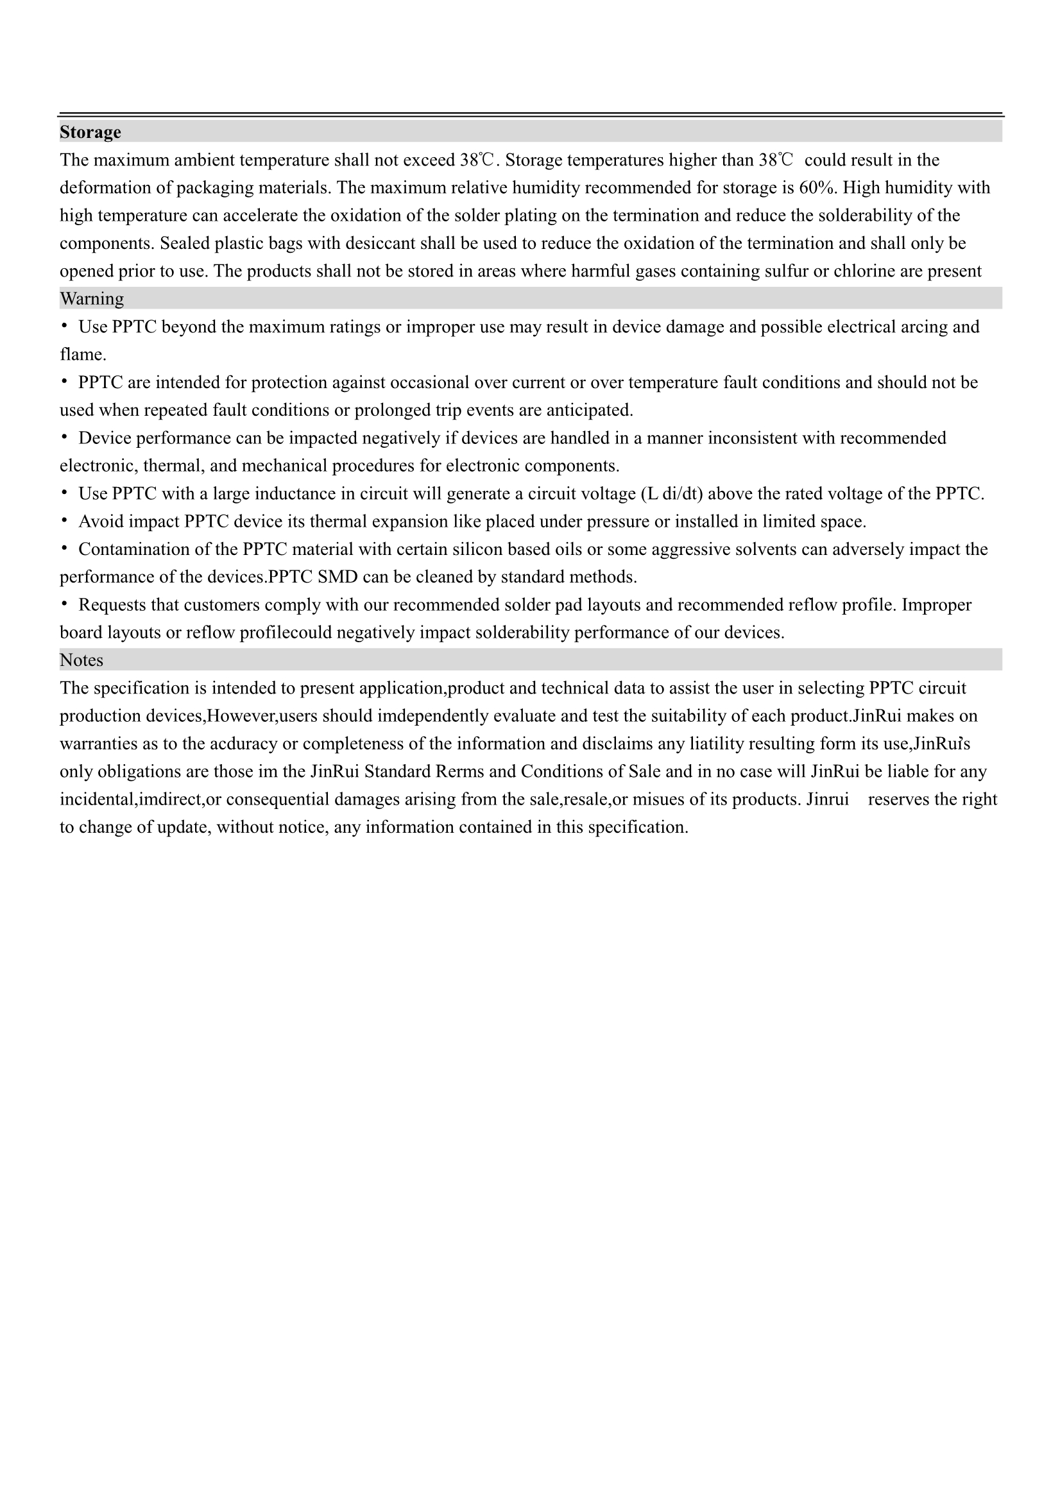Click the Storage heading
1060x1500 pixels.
[x=90, y=132]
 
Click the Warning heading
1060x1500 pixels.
[x=92, y=298]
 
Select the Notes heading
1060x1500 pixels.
[x=81, y=660]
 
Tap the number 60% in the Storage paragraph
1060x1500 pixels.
[x=818, y=187]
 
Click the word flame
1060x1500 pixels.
[x=81, y=355]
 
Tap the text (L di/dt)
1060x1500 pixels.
[x=673, y=493]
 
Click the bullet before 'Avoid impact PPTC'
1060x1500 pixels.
[x=64, y=521]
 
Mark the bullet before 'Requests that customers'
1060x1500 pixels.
[x=64, y=604]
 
